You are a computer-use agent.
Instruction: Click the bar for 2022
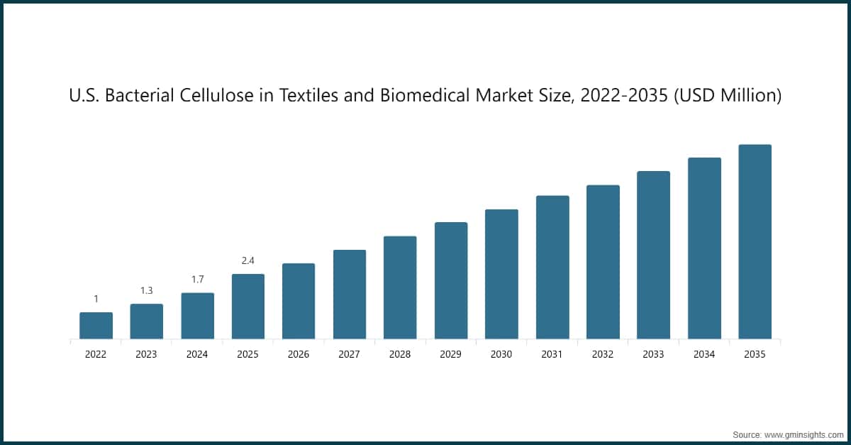tap(96, 326)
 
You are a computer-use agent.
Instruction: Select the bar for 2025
tap(247, 307)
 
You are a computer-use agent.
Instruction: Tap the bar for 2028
tap(400, 287)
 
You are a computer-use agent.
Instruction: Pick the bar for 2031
tap(552, 268)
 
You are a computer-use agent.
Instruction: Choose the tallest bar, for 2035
tap(755, 242)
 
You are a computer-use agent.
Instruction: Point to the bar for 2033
tap(653, 255)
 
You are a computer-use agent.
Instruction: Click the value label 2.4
tap(247, 260)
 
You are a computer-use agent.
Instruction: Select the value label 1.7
tap(197, 280)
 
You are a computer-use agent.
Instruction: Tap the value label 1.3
tap(146, 290)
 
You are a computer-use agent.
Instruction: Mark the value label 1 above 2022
tap(96, 299)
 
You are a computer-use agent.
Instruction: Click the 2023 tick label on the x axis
tap(146, 354)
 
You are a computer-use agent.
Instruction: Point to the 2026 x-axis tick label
tap(299, 354)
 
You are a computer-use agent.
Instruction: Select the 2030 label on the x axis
tap(501, 354)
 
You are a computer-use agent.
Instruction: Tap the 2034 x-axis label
tap(704, 354)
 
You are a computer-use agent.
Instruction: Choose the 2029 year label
tap(450, 354)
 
